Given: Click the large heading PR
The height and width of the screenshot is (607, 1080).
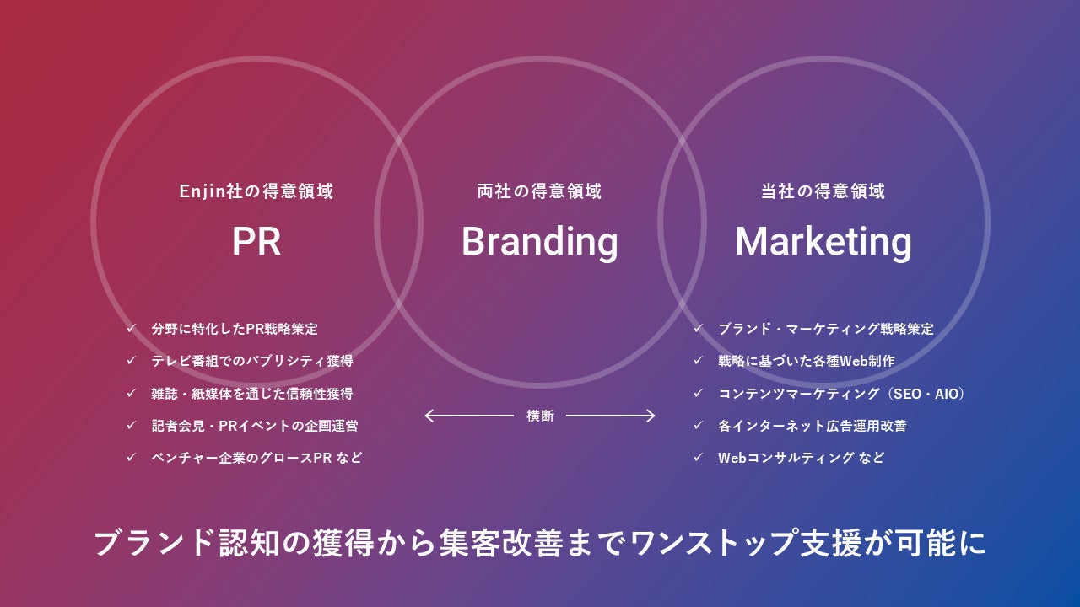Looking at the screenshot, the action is pyautogui.click(x=256, y=242).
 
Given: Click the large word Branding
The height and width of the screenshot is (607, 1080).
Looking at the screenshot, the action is pyautogui.click(x=539, y=242).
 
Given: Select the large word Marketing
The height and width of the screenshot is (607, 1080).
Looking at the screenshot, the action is pyautogui.click(x=823, y=242).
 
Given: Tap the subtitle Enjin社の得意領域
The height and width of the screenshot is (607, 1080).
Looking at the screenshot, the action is pyautogui.click(x=256, y=191).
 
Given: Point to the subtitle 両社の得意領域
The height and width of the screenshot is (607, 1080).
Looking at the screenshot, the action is pyautogui.click(x=539, y=191).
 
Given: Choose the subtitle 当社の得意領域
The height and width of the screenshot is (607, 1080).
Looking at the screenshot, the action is pyautogui.click(x=823, y=191).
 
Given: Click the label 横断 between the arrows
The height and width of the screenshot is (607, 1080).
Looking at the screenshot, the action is pyautogui.click(x=540, y=416).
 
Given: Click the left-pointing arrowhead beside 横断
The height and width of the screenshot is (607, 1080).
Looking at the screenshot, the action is pyautogui.click(x=429, y=416).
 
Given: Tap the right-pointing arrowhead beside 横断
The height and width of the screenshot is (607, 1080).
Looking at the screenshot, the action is pyautogui.click(x=651, y=416).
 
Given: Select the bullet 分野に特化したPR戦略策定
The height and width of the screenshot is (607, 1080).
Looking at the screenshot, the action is pyautogui.click(x=235, y=329).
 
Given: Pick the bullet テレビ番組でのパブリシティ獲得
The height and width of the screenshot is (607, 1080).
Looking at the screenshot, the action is pyautogui.click(x=251, y=361).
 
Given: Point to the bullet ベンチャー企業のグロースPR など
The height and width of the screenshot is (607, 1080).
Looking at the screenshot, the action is pyautogui.click(x=256, y=458).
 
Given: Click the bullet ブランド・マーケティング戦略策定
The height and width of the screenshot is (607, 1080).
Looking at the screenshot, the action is pyautogui.click(x=825, y=329).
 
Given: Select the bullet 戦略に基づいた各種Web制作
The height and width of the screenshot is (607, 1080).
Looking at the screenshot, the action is pyautogui.click(x=806, y=361).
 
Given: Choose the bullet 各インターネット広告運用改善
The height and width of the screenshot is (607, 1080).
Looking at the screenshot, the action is pyautogui.click(x=812, y=426).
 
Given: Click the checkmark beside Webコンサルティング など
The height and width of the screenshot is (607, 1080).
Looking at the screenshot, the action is pyautogui.click(x=698, y=458).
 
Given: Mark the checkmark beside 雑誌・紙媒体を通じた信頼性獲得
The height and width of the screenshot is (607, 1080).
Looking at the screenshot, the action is pyautogui.click(x=131, y=393).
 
